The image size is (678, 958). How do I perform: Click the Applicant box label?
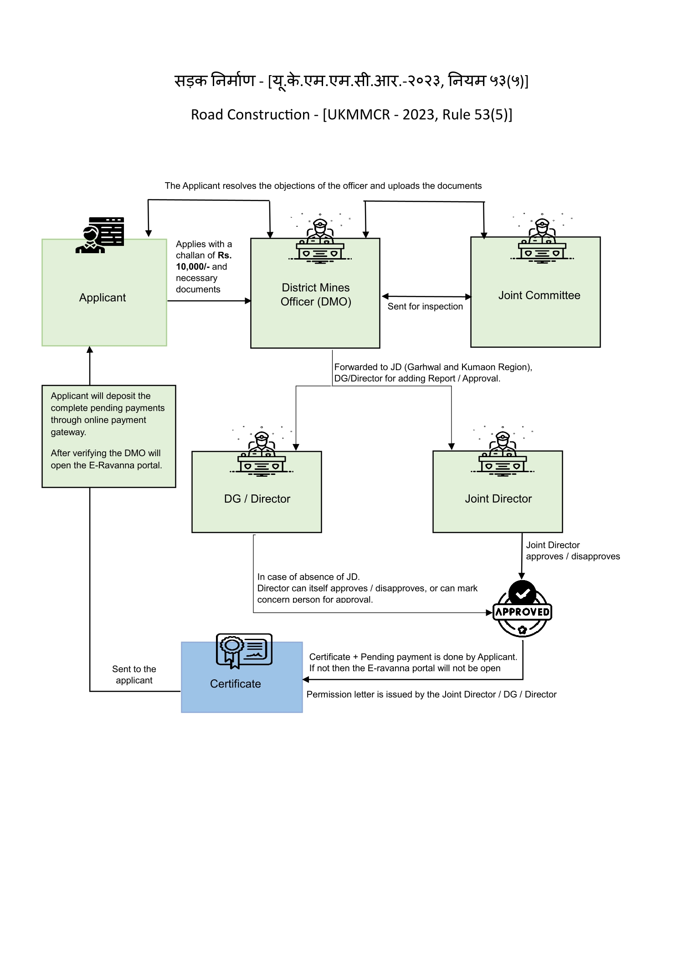(103, 298)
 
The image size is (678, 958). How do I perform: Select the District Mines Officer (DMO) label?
(316, 295)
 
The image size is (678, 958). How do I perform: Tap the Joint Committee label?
(539, 296)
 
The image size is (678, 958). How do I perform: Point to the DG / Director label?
(257, 499)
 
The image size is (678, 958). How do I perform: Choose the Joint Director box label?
(498, 499)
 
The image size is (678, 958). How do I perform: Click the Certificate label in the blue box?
(236, 684)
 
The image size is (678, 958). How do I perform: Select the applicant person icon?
(100, 235)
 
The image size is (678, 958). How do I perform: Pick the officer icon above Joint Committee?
(542, 238)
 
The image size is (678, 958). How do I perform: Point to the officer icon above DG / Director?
(262, 451)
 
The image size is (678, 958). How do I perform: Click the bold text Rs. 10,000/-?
(204, 261)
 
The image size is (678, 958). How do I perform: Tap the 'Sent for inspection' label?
(425, 306)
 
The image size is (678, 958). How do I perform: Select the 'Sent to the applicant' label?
(134, 675)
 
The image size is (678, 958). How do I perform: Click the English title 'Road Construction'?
(250, 115)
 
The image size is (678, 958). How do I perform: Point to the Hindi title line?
(351, 81)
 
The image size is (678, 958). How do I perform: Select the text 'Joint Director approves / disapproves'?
(573, 551)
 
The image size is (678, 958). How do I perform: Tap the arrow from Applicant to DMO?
(209, 301)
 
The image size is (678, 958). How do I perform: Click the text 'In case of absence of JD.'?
(308, 577)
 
